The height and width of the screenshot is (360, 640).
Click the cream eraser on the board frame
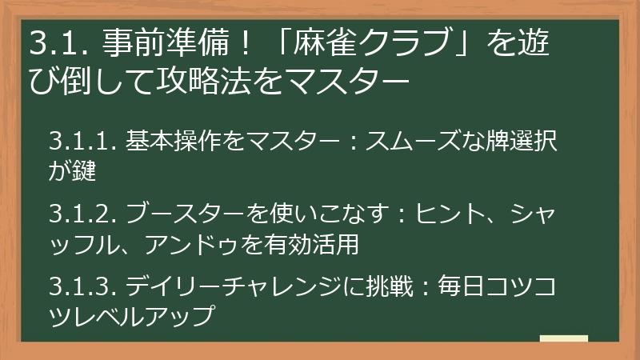(563, 338)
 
